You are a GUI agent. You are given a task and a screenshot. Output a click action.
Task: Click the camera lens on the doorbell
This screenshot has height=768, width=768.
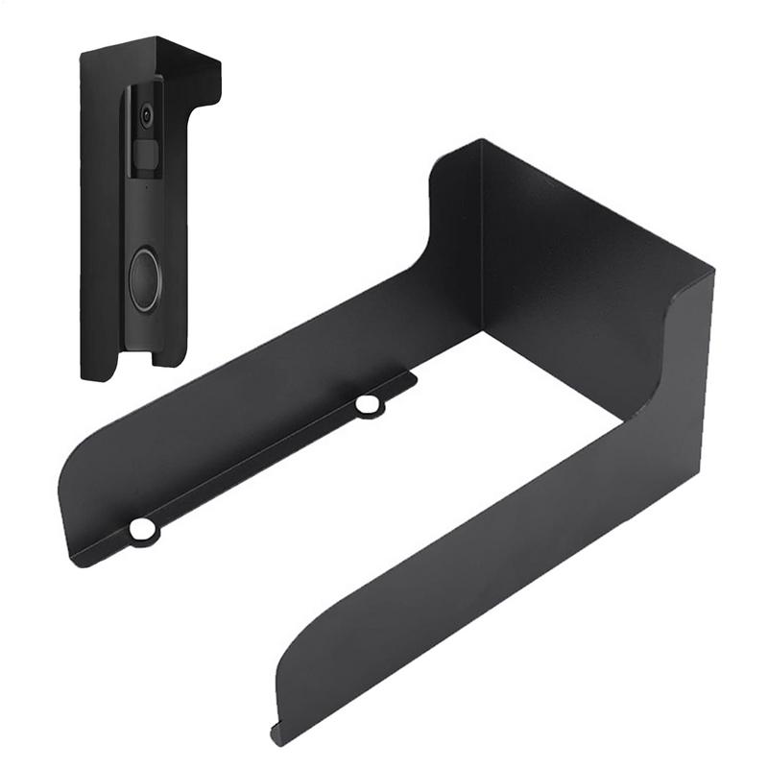[x=146, y=115]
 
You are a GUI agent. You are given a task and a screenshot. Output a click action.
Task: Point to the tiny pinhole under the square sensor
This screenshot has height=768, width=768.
[x=144, y=185]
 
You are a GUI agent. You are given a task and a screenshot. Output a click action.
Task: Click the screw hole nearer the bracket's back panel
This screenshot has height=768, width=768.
[x=367, y=405]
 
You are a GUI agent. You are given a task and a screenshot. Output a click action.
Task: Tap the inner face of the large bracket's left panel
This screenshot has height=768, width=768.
[x=288, y=384]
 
